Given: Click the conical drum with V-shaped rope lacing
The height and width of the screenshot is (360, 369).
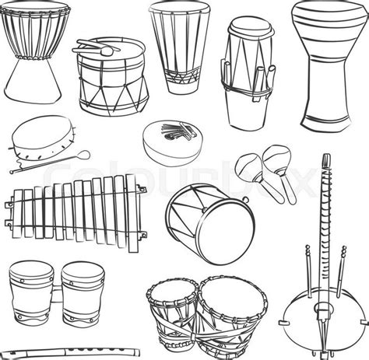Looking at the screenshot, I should (x=175, y=47).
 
